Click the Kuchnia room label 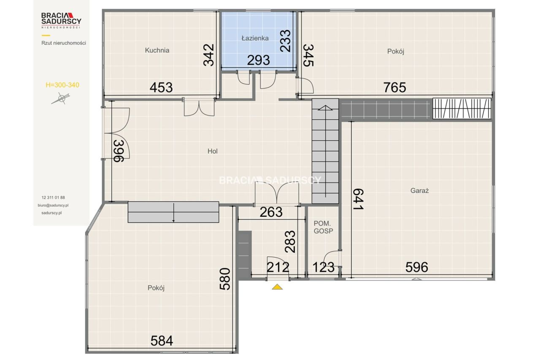pos(157,50)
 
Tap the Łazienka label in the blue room pos(255,38)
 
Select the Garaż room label pos(419,191)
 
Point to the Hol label pos(212,151)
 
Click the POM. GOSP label pos(323,227)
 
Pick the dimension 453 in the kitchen pos(161,87)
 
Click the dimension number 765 pos(394,87)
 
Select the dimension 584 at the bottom pos(162,341)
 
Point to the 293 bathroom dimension pos(259,60)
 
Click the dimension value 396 pos(119,151)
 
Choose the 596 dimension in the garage pos(416,267)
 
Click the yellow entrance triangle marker pos(277,287)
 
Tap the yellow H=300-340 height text pos(62,85)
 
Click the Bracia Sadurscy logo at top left pos(61,20)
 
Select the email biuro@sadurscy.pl pos(53,206)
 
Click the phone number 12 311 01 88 pos(53,198)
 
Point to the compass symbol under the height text pos(61,98)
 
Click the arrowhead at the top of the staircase pos(325,108)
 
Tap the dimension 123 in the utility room pos(324,267)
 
